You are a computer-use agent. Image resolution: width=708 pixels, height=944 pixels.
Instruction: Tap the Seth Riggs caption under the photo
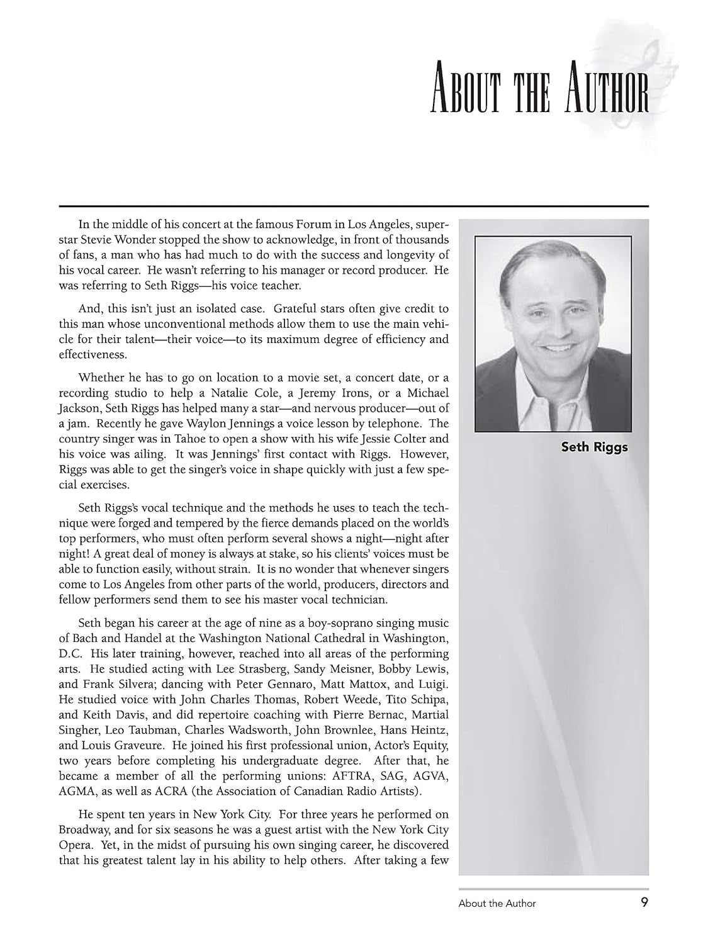point(594,448)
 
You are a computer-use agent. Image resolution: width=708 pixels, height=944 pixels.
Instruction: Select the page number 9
point(644,902)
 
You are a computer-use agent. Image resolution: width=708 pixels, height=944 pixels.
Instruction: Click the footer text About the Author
point(497,903)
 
